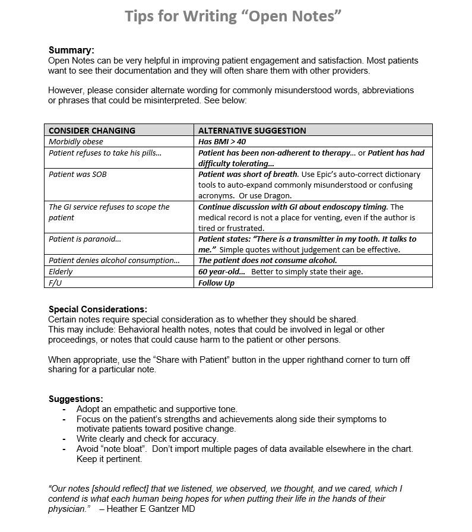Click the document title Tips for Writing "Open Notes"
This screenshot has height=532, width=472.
tap(233, 15)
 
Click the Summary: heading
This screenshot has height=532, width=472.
tap(71, 50)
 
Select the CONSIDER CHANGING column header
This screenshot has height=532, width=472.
tap(92, 130)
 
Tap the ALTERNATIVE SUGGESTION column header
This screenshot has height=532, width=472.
tap(252, 130)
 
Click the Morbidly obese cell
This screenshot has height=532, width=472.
tap(76, 141)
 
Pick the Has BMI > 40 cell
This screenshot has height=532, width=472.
tap(222, 141)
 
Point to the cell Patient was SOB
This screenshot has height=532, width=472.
tap(78, 175)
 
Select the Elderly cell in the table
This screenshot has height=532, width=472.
tap(61, 271)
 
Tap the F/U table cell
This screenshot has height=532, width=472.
tap(55, 283)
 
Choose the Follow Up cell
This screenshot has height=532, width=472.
tap(216, 283)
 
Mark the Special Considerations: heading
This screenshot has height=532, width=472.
tap(98, 309)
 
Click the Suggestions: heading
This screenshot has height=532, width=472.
tap(76, 399)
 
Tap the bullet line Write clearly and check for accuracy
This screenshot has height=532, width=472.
tap(147, 439)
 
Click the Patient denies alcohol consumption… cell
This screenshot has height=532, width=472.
tap(114, 260)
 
